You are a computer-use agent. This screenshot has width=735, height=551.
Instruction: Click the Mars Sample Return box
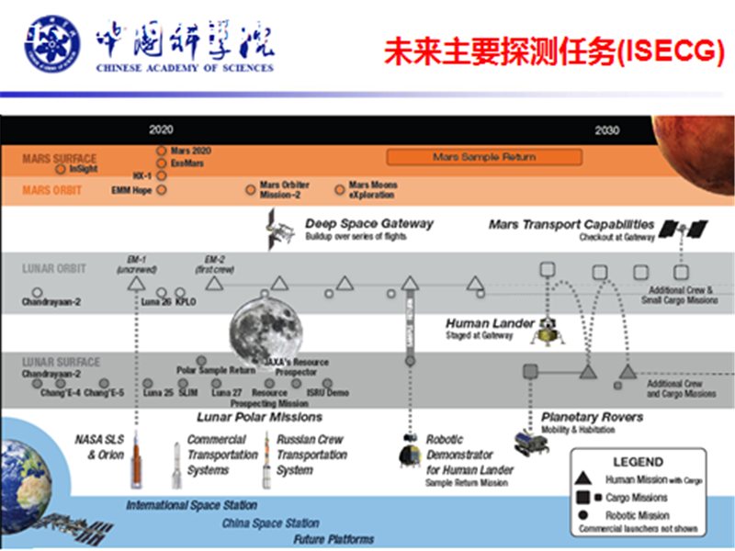(484, 157)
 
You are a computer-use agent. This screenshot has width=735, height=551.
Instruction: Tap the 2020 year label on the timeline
(161, 129)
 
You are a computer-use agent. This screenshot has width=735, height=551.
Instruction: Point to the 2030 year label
(606, 129)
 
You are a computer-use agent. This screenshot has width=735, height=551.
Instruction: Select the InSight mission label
(83, 169)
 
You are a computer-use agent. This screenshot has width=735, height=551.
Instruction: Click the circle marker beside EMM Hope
(162, 190)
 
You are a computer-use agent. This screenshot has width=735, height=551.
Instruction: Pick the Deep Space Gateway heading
(368, 223)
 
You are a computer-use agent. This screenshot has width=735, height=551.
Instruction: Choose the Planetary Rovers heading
(592, 417)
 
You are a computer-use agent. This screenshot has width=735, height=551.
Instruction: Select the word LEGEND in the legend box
(638, 461)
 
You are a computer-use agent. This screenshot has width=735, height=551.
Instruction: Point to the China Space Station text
(270, 523)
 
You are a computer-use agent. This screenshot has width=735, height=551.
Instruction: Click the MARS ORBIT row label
(53, 191)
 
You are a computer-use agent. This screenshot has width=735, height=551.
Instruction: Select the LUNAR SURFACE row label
(61, 362)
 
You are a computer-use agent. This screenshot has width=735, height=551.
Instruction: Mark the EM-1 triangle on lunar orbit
(135, 284)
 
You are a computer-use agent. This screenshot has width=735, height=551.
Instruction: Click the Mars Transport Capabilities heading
(571, 224)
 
